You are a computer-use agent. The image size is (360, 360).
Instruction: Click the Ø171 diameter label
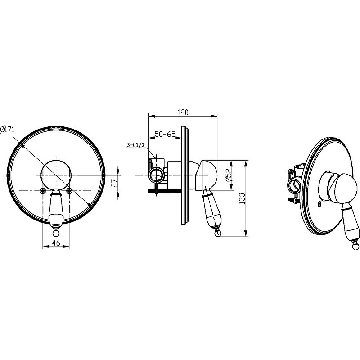pyautogui.click(x=7, y=130)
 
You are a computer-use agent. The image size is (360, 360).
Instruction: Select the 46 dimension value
pyautogui.click(x=56, y=243)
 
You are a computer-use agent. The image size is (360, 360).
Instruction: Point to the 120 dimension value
pyautogui.click(x=183, y=112)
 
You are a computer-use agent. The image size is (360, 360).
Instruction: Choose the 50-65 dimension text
pyautogui.click(x=165, y=134)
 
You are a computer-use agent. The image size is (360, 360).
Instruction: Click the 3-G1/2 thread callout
pyautogui.click(x=135, y=145)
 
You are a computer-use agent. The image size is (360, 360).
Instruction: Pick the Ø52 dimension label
pyautogui.click(x=228, y=175)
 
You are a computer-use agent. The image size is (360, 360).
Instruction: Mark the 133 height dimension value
pyautogui.click(x=242, y=198)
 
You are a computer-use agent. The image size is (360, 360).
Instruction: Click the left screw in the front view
pyautogui.click(x=43, y=190)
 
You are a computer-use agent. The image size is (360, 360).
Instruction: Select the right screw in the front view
pyautogui.click(x=69, y=190)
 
